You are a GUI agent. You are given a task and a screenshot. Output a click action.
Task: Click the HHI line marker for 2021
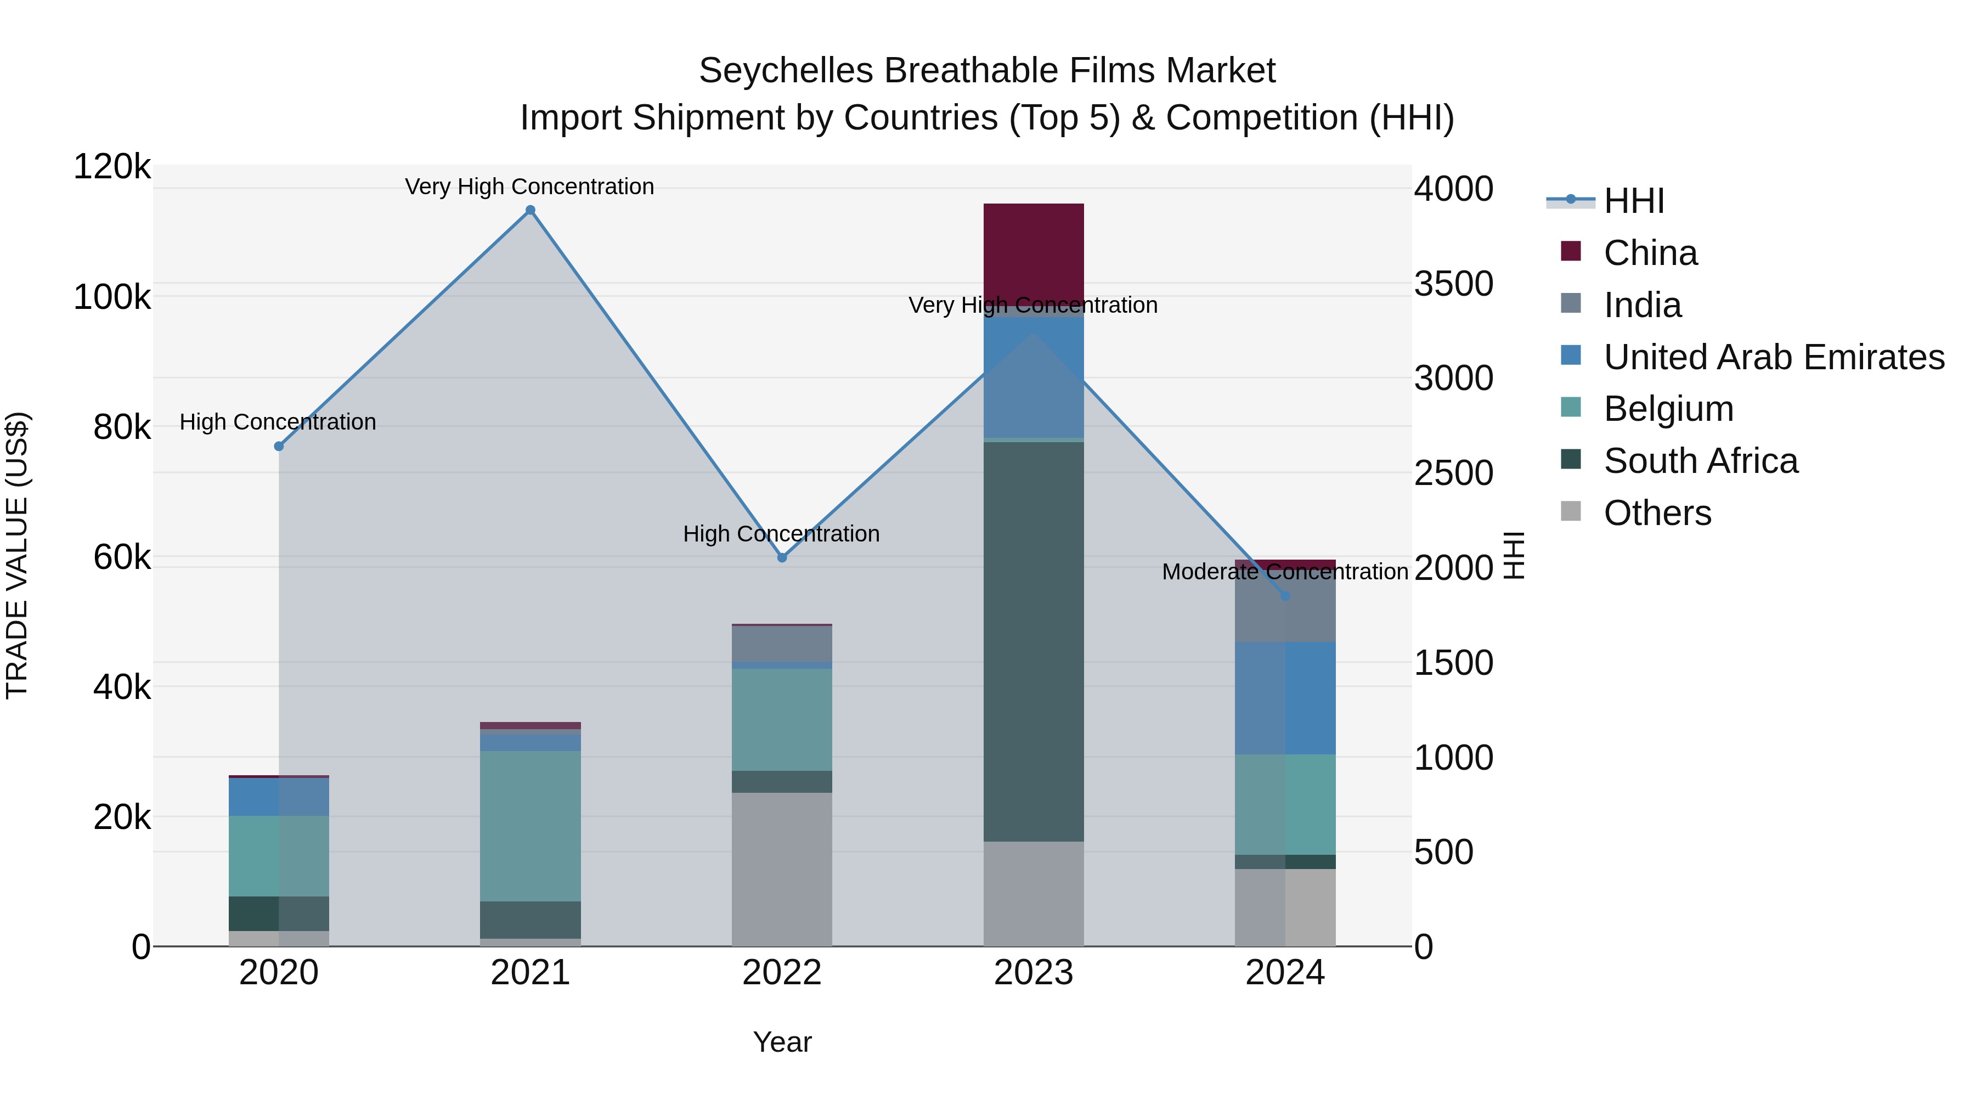tap(530, 210)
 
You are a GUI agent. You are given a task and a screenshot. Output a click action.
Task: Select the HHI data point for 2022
tap(782, 557)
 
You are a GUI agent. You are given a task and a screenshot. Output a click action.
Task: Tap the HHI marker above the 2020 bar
tap(279, 446)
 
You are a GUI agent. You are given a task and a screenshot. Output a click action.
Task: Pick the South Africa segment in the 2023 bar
tap(1034, 640)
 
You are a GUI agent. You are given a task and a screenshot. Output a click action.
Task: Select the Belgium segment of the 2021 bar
tap(530, 825)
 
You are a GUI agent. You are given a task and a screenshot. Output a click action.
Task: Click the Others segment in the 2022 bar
tap(782, 868)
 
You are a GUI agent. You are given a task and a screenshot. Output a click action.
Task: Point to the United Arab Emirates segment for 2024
tap(1285, 698)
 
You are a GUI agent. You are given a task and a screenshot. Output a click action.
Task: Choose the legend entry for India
tap(1641, 305)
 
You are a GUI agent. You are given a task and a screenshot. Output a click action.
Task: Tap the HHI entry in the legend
tap(1633, 201)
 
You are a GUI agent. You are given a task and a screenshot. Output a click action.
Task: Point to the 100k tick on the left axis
tap(112, 297)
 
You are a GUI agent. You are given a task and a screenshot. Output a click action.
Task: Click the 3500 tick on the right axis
tap(1453, 284)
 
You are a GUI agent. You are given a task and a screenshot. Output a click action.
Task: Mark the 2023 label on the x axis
tap(1034, 973)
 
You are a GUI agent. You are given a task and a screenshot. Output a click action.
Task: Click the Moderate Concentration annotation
tap(1285, 572)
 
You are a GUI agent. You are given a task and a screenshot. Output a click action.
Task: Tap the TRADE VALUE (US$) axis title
tap(17, 555)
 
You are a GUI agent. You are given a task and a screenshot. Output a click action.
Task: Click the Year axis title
tap(782, 1042)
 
